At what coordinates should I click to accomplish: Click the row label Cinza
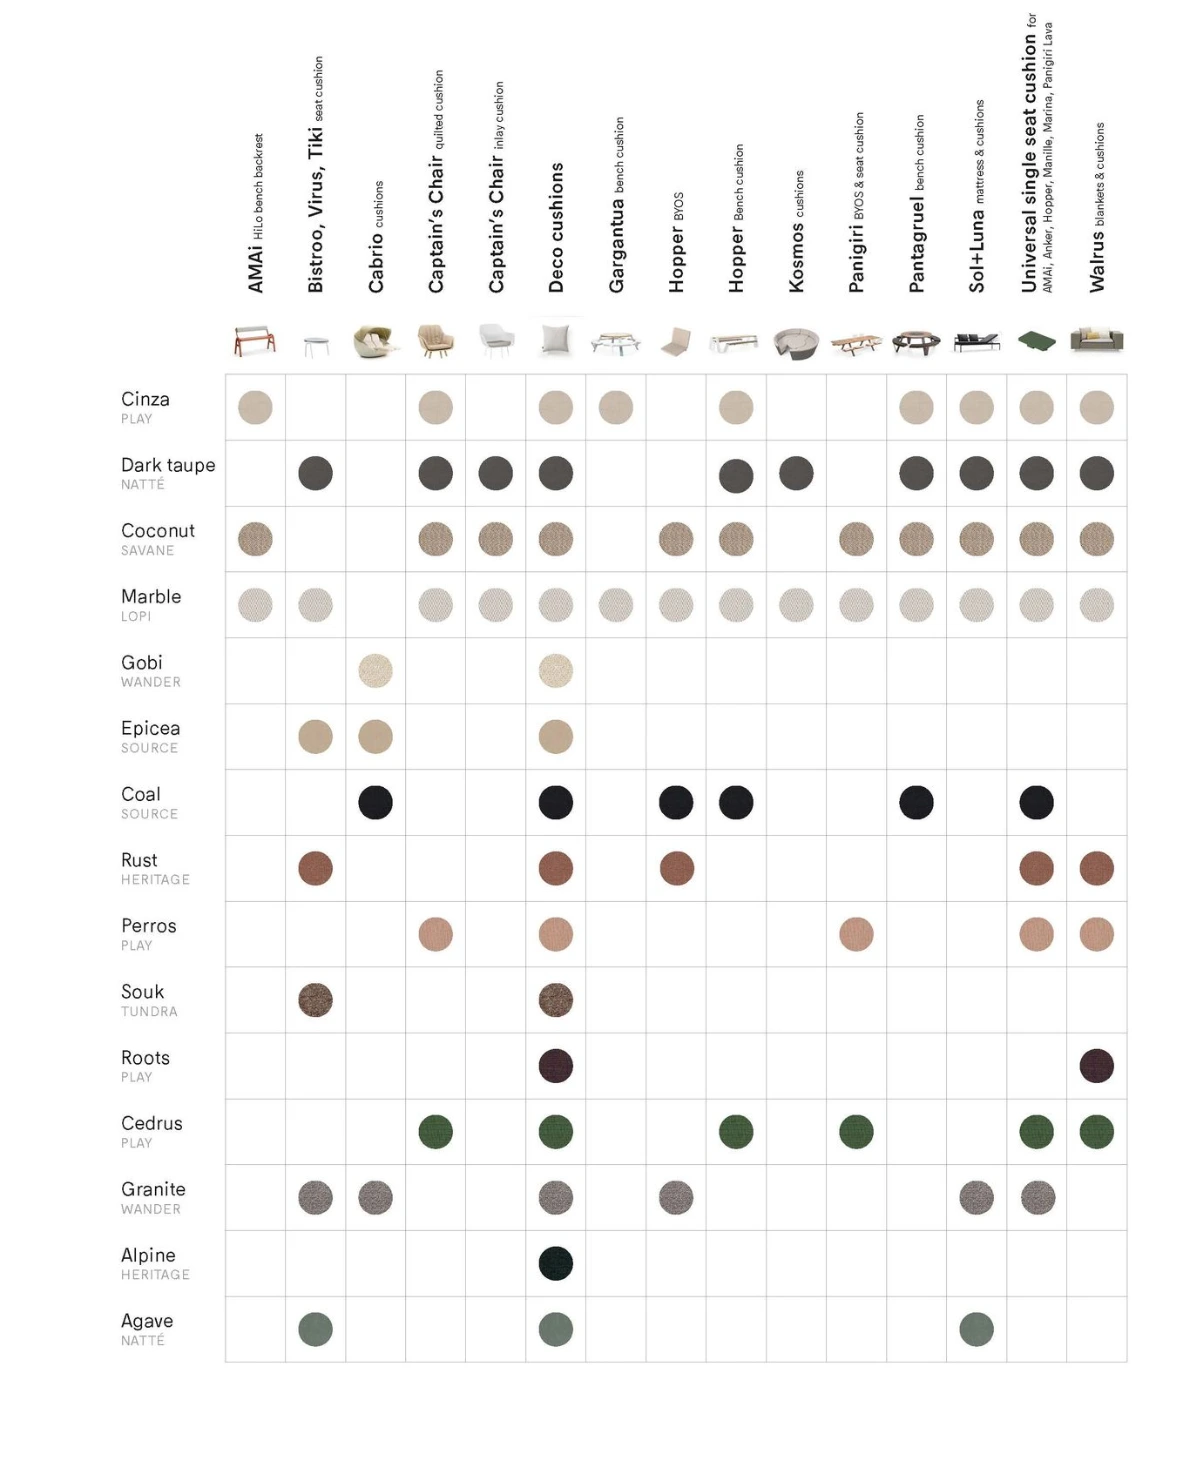pos(145,399)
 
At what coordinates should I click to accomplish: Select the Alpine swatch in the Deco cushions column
pos(556,1263)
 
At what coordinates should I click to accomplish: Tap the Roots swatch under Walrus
pos(1096,1066)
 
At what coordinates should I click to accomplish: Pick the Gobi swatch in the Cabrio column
pos(376,671)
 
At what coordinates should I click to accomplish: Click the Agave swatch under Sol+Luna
pos(976,1329)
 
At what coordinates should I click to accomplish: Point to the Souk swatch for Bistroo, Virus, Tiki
pos(316,1000)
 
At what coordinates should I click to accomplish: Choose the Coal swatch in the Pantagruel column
pos(916,802)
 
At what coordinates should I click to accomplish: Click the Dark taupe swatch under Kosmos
pos(796,473)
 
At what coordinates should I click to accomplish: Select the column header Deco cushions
pos(557,227)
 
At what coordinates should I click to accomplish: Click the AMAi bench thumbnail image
pos(255,341)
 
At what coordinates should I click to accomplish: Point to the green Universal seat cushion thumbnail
pos(1036,342)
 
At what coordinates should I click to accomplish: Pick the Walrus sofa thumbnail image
pos(1096,340)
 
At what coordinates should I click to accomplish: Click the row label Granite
pos(153,1189)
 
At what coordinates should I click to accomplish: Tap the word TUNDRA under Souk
pos(149,1012)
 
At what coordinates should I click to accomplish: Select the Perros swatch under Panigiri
pos(856,934)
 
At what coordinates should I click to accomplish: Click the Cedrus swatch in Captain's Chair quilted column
pos(436,1132)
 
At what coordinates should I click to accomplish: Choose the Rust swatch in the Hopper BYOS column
pos(676,868)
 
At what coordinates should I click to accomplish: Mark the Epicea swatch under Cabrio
pos(376,737)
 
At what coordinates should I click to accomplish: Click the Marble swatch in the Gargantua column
pos(616,605)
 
